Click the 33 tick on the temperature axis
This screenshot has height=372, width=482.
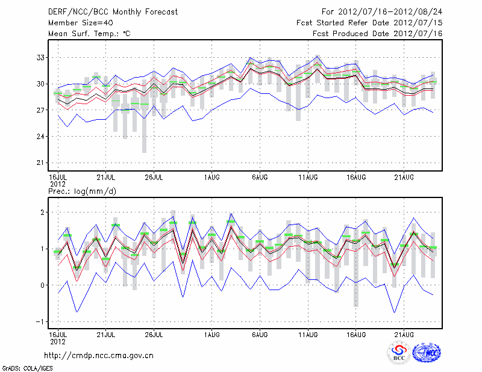tap(40, 58)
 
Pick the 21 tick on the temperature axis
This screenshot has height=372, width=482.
tap(40, 163)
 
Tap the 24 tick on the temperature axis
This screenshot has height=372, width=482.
tap(40, 137)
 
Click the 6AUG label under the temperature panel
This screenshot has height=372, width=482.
tap(260, 178)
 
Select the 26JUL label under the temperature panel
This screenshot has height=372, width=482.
tap(155, 178)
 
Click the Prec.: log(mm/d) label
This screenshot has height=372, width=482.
tap(83, 191)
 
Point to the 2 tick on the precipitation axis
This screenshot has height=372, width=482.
tap(43, 212)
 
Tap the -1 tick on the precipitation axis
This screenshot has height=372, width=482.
tap(41, 321)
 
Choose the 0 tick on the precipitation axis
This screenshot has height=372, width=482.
tap(43, 285)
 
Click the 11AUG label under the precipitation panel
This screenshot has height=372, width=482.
tap(308, 333)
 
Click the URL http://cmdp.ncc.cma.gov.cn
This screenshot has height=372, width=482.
tap(99, 356)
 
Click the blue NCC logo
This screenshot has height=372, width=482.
tap(427, 353)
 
